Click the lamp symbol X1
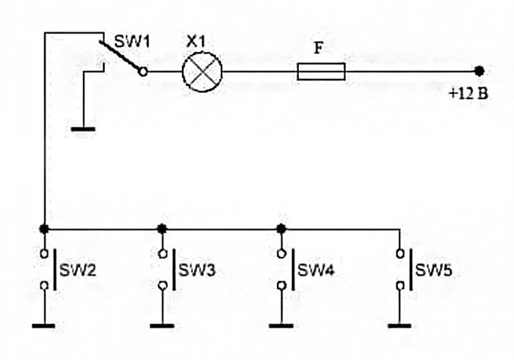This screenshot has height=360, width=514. tap(202, 71)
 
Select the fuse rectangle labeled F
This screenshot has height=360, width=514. tap(321, 71)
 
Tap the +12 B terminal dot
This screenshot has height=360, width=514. tap(479, 71)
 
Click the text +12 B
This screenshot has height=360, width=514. tap(468, 94)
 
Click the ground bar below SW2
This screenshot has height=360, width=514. tap(44, 325)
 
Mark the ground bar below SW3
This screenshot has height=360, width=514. tap(162, 325)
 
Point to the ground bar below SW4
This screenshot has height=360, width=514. tap(280, 325)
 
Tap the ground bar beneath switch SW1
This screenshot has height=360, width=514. tap(83, 129)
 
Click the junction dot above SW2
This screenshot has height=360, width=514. tap(44, 228)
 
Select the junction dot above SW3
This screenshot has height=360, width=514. tap(162, 228)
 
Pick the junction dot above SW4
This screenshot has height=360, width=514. tap(280, 228)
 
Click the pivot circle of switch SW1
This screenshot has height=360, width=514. tap(143, 72)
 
